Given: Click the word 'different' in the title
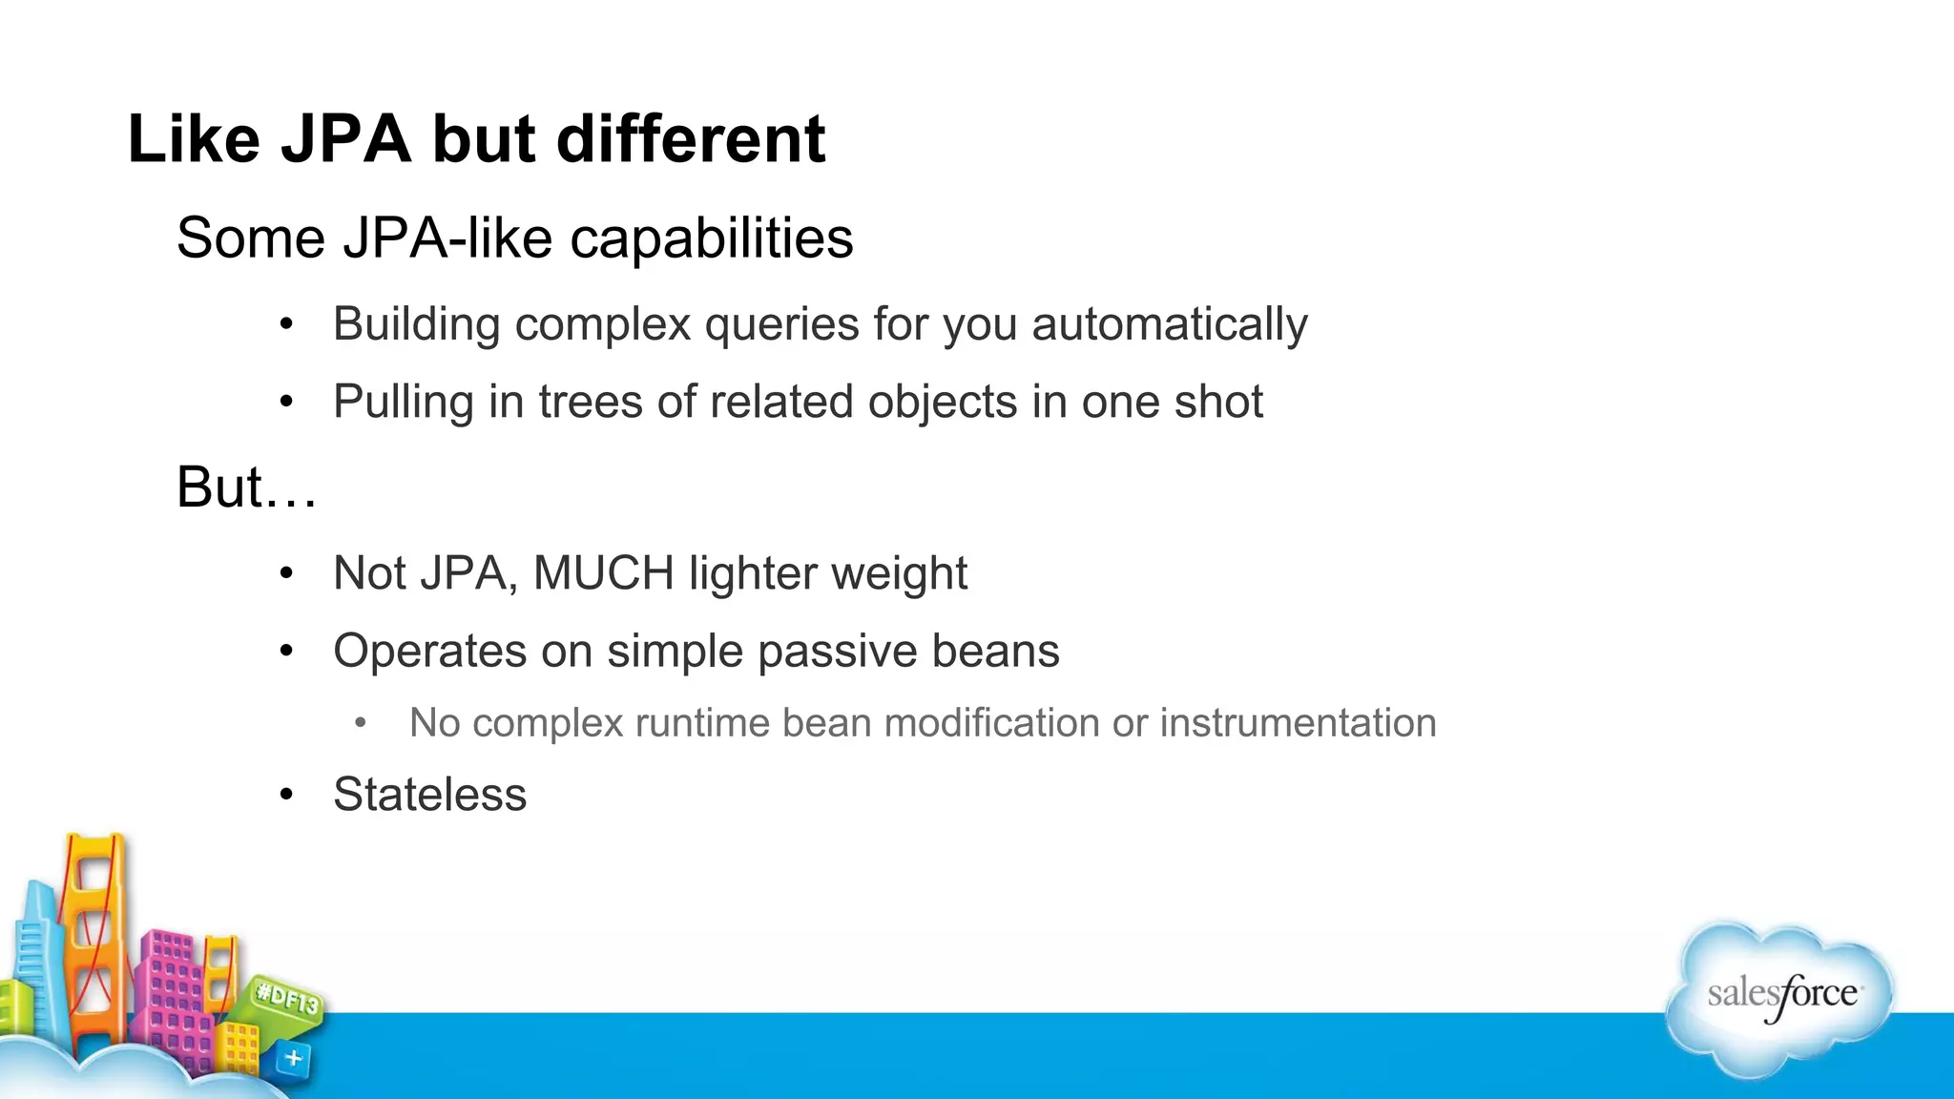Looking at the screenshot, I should click(x=690, y=139).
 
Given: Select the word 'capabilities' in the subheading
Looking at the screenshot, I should click(x=711, y=238).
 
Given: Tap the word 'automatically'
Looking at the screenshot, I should click(x=1169, y=324).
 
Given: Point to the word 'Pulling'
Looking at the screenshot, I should click(x=403, y=402).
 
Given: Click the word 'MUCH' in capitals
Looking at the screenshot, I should click(x=603, y=573).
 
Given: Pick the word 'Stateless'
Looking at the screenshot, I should click(x=429, y=795).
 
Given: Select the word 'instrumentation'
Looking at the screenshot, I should click(x=1298, y=723).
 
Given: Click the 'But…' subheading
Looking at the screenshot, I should click(x=246, y=487).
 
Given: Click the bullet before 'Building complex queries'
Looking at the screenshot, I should click(x=286, y=324).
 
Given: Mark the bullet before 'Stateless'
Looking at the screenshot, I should click(x=286, y=795).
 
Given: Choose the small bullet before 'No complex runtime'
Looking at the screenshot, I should click(x=360, y=723).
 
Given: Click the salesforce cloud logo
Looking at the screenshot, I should click(x=1780, y=997).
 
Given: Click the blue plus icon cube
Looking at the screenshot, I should click(x=293, y=1058).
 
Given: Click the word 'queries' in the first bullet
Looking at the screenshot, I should click(x=780, y=324).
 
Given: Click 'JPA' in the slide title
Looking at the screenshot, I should click(x=345, y=139).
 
